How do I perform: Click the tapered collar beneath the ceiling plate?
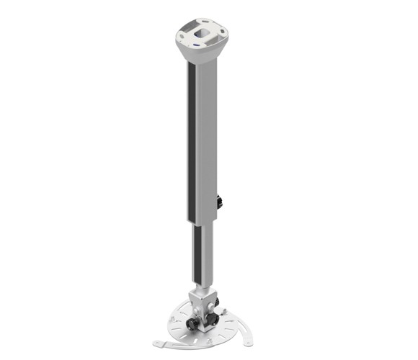pyautogui.click(x=202, y=55)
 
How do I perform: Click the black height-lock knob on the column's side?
pyautogui.click(x=219, y=202)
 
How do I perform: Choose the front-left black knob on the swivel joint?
pyautogui.click(x=192, y=323)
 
